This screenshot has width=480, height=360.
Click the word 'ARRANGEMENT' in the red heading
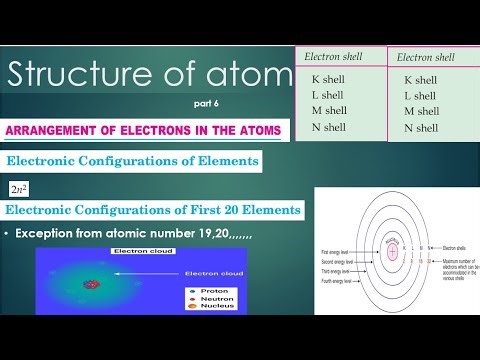click(61, 130)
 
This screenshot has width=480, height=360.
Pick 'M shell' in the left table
click(328, 110)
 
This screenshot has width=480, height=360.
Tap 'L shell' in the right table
click(420, 96)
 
